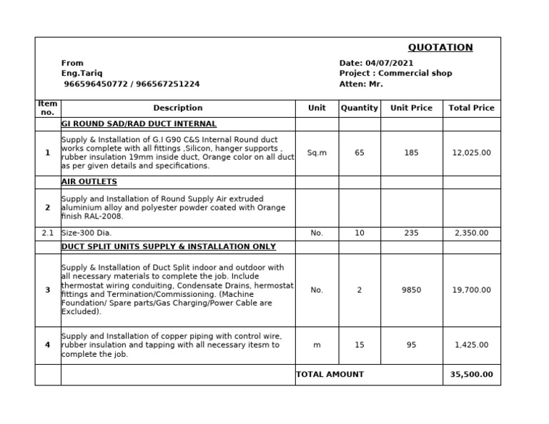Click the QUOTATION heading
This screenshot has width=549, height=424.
tap(440, 48)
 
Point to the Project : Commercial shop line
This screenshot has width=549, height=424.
tap(395, 74)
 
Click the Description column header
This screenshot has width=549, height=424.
tap(177, 108)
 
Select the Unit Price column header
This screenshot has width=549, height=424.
tap(411, 108)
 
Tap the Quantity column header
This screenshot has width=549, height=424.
tap(359, 108)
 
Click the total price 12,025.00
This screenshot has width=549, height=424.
tap(471, 153)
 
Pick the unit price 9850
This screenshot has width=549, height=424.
tap(411, 290)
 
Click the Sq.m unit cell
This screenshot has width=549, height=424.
tap(317, 153)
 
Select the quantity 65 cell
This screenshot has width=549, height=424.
tap(359, 153)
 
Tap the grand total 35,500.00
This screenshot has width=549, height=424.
tap(471, 374)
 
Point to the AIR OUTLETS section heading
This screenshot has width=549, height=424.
tap(89, 182)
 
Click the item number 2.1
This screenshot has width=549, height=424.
tap(47, 233)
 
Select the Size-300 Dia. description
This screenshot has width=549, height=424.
tap(86, 233)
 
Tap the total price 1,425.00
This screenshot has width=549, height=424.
tap(471, 345)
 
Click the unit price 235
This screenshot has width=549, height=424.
tap(411, 233)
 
